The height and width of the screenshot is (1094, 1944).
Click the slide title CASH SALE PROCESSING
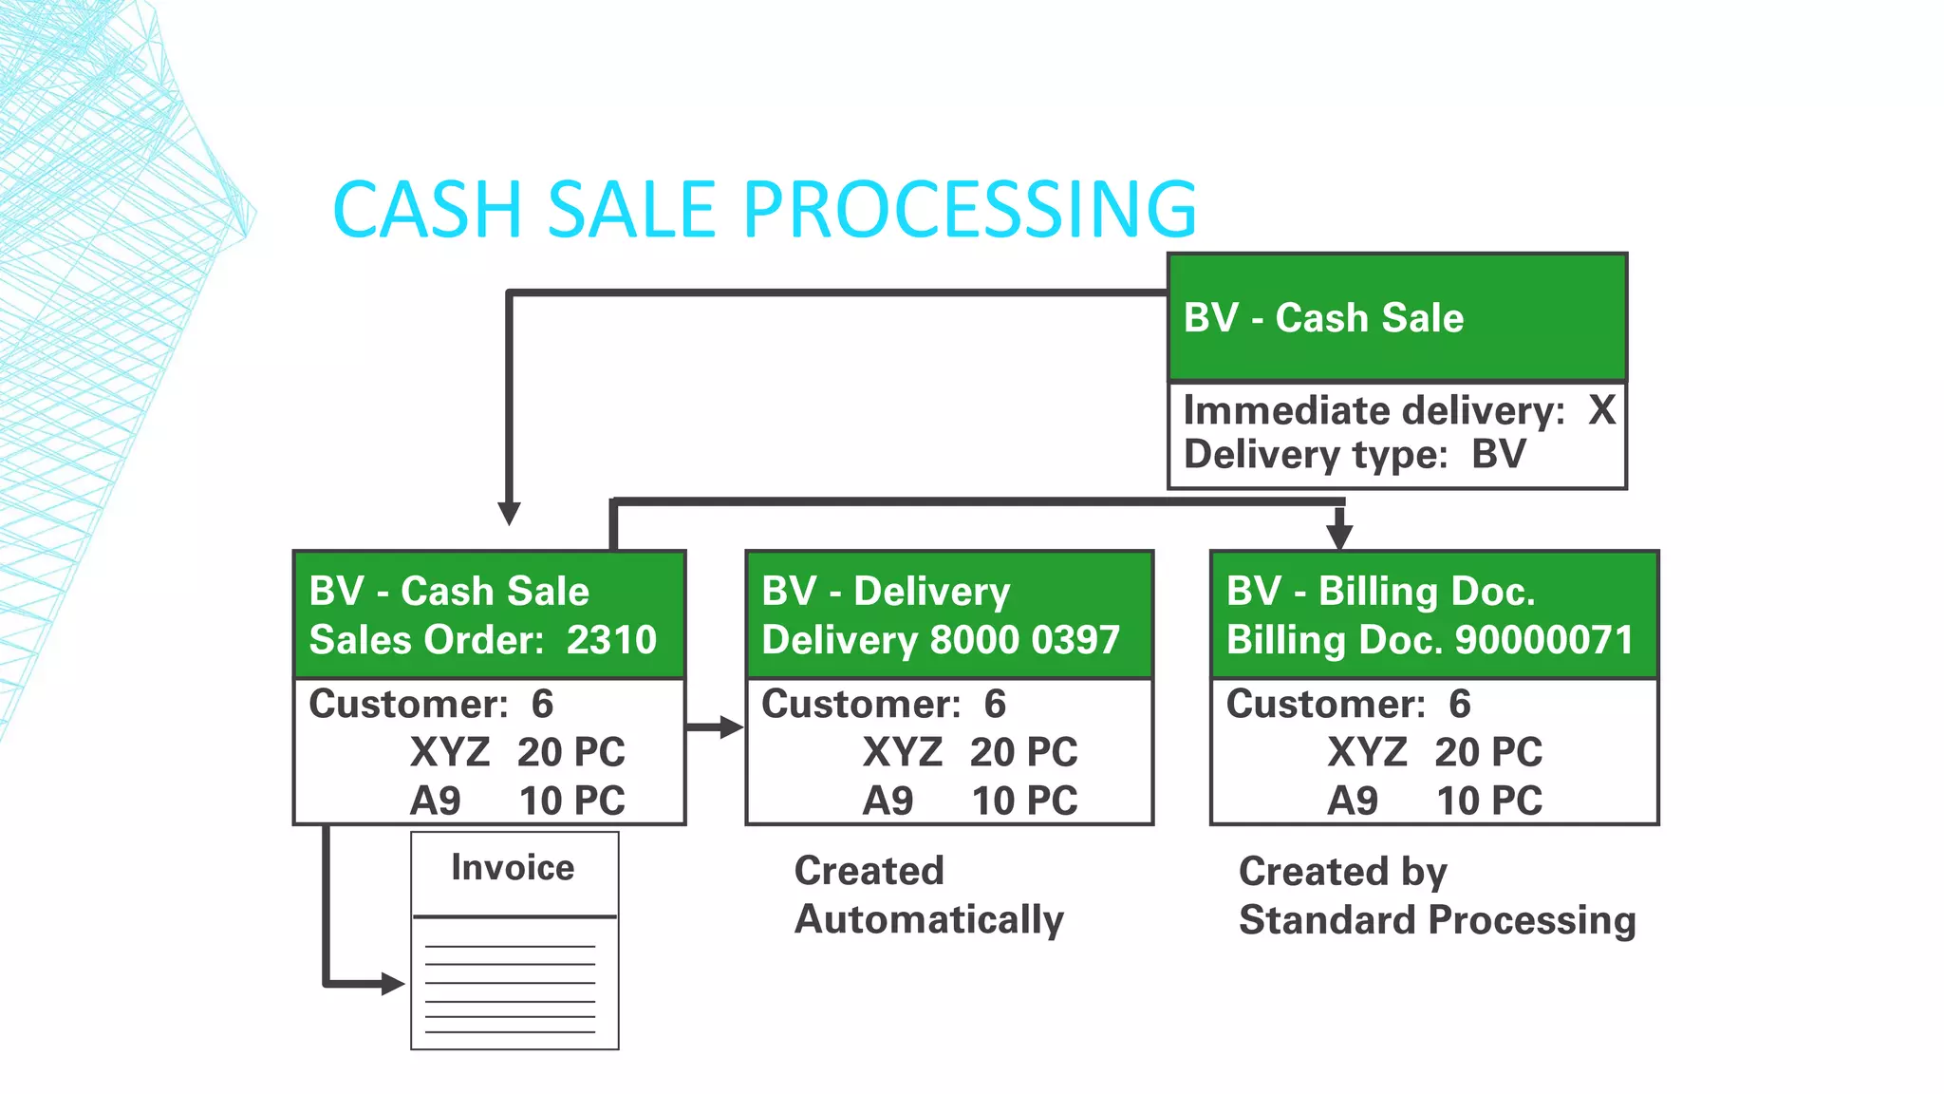pyautogui.click(x=764, y=209)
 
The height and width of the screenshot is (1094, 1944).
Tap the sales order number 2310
pyautogui.click(x=611, y=640)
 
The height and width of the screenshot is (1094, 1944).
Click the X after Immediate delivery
pyautogui.click(x=1601, y=410)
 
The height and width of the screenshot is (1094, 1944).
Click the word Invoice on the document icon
pyautogui.click(x=513, y=867)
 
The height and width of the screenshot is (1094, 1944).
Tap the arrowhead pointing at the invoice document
pyautogui.click(x=393, y=984)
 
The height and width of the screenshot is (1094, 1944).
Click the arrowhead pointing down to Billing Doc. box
pyautogui.click(x=1339, y=537)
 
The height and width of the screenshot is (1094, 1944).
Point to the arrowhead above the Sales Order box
pyautogui.click(x=510, y=514)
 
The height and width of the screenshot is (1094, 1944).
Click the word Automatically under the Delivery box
pyautogui.click(x=928, y=919)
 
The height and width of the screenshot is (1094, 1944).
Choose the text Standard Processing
pyautogui.click(x=1437, y=920)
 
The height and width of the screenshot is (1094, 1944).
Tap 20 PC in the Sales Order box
pyautogui.click(x=570, y=752)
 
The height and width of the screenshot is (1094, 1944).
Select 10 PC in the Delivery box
pyautogui.click(x=1024, y=801)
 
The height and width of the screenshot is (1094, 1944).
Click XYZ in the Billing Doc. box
pyautogui.click(x=1367, y=752)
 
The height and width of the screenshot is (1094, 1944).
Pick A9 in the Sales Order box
pyautogui.click(x=435, y=801)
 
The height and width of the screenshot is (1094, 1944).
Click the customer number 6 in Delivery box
pyautogui.click(x=994, y=704)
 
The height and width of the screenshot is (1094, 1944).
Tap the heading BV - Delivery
pyautogui.click(x=886, y=591)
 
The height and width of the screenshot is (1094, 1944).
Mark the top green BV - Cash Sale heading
pyautogui.click(x=1323, y=318)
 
